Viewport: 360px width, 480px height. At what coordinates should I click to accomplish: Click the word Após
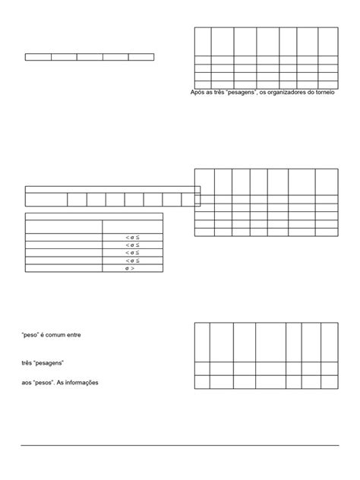(x=198, y=94)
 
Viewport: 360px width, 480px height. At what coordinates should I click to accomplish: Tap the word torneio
(x=325, y=94)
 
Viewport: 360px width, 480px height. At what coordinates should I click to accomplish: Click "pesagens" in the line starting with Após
(x=242, y=94)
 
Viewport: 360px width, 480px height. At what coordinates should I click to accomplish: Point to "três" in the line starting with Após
(x=218, y=94)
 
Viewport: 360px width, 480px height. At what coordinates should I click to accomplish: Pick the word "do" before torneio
(x=309, y=94)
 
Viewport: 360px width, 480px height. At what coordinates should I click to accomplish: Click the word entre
(x=82, y=334)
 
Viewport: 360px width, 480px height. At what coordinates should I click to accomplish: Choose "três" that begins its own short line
(x=27, y=363)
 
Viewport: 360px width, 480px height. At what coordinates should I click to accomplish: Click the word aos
(x=27, y=382)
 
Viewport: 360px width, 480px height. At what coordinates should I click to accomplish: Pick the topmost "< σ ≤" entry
(x=132, y=238)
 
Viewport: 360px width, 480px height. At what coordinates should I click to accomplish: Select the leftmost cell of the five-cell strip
(x=38, y=57)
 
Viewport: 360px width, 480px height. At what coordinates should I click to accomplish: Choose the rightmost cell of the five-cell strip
(x=141, y=57)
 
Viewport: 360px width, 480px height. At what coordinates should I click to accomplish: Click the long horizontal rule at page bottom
(x=180, y=446)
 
